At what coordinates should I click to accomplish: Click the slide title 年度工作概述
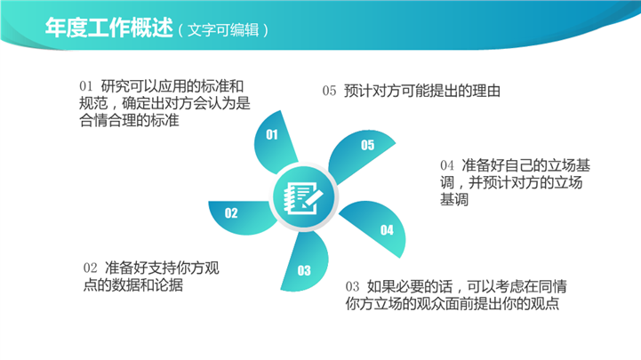click(109, 28)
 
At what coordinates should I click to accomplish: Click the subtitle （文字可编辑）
click(223, 30)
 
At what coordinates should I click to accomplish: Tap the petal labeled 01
click(275, 142)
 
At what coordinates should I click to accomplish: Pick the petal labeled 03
click(305, 261)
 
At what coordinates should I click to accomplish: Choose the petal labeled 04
click(378, 226)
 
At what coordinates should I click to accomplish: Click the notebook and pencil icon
click(304, 197)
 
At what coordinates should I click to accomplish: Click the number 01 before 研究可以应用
click(86, 86)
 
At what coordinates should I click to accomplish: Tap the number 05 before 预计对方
click(329, 91)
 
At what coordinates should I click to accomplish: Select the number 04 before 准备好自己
click(447, 165)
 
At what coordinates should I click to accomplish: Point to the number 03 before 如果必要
click(352, 286)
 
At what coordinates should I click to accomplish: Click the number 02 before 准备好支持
click(90, 268)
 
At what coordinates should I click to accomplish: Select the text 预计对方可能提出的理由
click(422, 91)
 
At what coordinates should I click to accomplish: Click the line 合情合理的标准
click(129, 121)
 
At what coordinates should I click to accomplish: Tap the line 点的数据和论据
click(132, 285)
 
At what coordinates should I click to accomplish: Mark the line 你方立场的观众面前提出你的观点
click(453, 304)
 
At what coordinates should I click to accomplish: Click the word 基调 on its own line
click(453, 200)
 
